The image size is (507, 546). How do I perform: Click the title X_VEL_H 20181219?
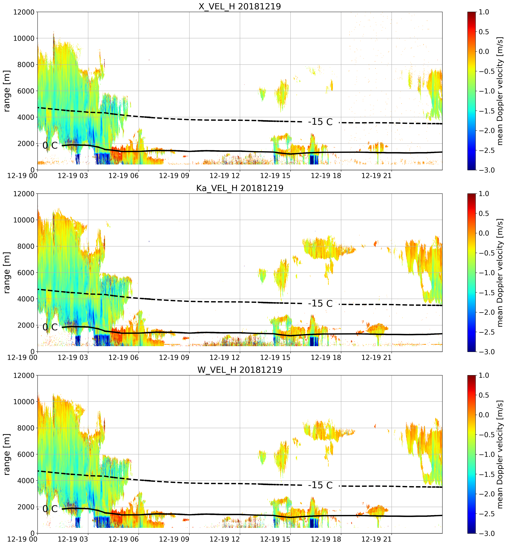pyautogui.click(x=240, y=6)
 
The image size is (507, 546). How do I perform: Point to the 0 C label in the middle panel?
pyautogui.click(x=50, y=327)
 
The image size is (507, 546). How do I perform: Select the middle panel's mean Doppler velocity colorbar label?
pyautogui.click(x=500, y=273)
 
